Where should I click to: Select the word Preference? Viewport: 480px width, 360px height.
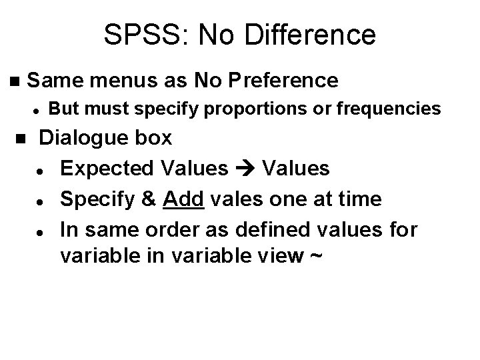point(284,81)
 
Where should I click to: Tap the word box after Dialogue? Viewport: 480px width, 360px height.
point(155,139)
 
